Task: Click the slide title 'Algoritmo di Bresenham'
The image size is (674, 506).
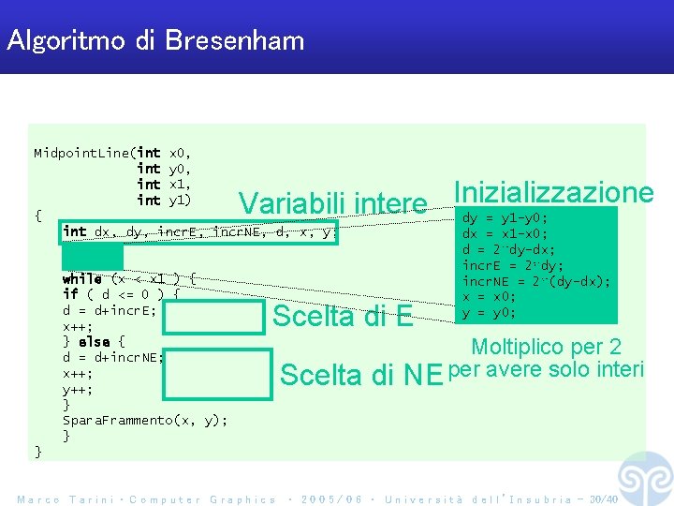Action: coord(155,40)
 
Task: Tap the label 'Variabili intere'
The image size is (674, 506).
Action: coord(332,203)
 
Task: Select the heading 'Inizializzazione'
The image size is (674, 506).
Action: coord(552,192)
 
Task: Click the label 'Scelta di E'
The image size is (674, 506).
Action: coord(342,317)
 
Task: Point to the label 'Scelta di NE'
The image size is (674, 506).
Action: coord(361,375)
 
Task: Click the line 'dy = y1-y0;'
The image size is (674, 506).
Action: coord(505,217)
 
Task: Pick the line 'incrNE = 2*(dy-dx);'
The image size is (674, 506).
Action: coord(536,281)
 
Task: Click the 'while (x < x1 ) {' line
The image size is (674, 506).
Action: coord(128,278)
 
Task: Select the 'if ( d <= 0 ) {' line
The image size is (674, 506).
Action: coord(121,294)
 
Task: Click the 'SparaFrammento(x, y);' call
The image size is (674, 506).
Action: coord(144,421)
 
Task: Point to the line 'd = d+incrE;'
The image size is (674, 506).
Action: coord(109,310)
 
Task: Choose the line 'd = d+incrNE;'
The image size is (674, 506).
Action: coord(112,357)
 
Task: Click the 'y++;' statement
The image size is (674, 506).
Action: coord(77,389)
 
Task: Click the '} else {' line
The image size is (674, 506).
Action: coord(94,341)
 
